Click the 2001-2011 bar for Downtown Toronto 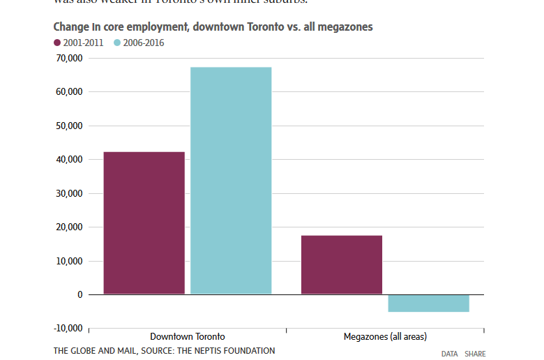pyautogui.click(x=144, y=223)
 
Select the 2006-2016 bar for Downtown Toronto pyautogui.click(x=231, y=181)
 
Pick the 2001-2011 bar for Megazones pyautogui.click(x=342, y=264)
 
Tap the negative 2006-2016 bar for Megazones pyautogui.click(x=428, y=303)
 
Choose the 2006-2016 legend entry pyautogui.click(x=139, y=43)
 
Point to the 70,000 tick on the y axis pyautogui.click(x=68, y=59)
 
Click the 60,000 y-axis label pyautogui.click(x=68, y=92)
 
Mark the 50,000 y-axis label pyautogui.click(x=68, y=126)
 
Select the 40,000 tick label pyautogui.click(x=68, y=160)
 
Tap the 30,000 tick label pyautogui.click(x=68, y=194)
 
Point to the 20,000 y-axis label pyautogui.click(x=68, y=227)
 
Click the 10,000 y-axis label pyautogui.click(x=68, y=262)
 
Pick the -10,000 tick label pyautogui.click(x=67, y=329)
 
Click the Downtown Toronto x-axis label pyautogui.click(x=188, y=337)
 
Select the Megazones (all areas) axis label pyautogui.click(x=385, y=337)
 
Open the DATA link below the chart pyautogui.click(x=450, y=354)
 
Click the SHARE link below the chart pyautogui.click(x=475, y=354)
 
